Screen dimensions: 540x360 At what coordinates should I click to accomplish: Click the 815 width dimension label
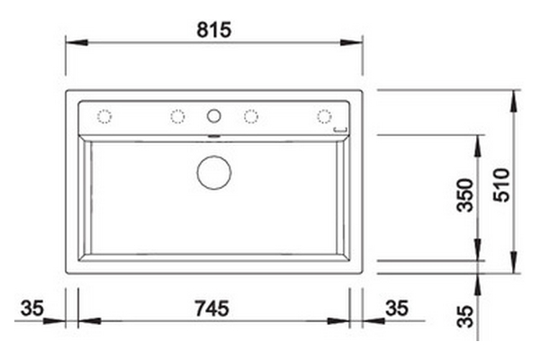pyautogui.click(x=214, y=30)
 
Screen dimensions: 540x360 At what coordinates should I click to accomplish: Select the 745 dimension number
pyautogui.click(x=211, y=309)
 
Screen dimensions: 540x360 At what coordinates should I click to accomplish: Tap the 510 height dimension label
pyautogui.click(x=501, y=185)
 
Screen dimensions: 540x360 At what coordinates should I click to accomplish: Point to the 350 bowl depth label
pyautogui.click(x=464, y=195)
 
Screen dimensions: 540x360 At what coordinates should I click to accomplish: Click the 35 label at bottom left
pyautogui.click(x=32, y=308)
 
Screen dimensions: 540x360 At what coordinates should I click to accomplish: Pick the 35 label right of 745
pyautogui.click(x=397, y=308)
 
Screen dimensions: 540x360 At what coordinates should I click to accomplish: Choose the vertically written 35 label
pyautogui.click(x=465, y=316)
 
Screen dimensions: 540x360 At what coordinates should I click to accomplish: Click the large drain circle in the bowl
pyautogui.click(x=214, y=173)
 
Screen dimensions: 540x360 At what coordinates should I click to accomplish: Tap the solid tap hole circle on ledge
pyautogui.click(x=214, y=116)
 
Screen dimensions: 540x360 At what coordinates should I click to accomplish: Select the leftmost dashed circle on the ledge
pyautogui.click(x=104, y=116)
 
